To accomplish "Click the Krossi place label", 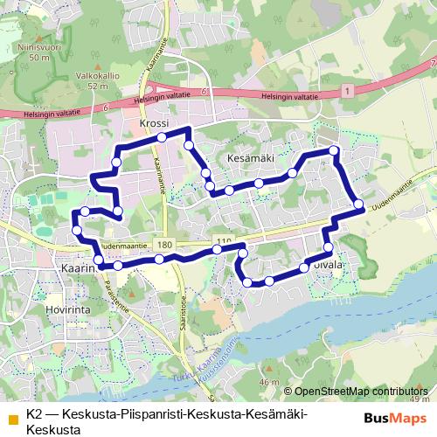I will pyautogui.click(x=153, y=124).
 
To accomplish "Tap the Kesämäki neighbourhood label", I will pyautogui.click(x=250, y=158).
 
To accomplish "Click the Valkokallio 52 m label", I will pyautogui.click(x=91, y=81).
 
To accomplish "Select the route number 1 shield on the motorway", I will pyautogui.click(x=348, y=90).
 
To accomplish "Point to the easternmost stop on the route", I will pyautogui.click(x=358, y=205).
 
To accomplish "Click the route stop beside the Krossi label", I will pyautogui.click(x=161, y=137).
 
